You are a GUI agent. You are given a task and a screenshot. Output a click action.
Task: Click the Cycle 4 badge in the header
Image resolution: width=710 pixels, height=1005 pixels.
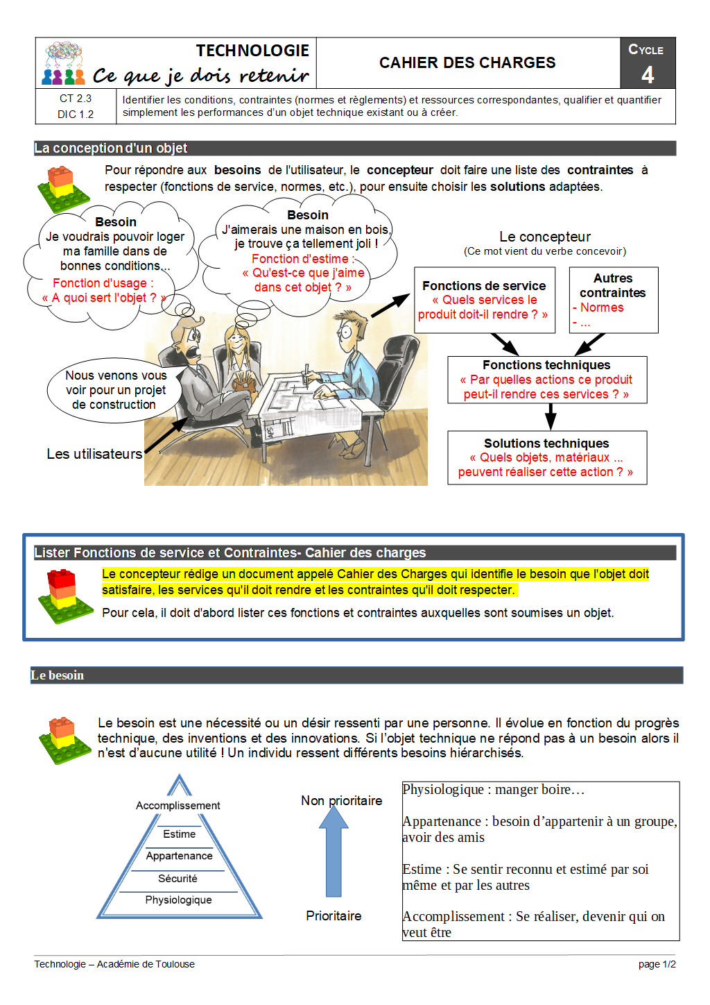(647, 63)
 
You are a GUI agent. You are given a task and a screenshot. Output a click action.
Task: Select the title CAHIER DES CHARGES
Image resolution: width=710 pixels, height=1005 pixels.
(467, 63)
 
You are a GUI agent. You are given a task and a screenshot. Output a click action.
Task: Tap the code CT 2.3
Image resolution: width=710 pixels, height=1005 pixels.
(76, 99)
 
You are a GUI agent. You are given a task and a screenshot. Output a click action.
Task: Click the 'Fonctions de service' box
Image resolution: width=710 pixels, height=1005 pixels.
(484, 300)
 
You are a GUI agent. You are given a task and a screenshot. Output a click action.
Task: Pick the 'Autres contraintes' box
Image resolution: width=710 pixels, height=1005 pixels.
(613, 300)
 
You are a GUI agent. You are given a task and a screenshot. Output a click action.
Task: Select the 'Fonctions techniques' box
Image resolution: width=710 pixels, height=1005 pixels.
(546, 380)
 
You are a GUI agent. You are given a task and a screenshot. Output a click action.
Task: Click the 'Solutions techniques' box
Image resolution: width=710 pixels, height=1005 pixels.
(546, 457)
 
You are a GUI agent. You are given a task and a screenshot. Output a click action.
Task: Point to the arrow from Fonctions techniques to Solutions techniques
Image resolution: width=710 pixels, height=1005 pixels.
(551, 416)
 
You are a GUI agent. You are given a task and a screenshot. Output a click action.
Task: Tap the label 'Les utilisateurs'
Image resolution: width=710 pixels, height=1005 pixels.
(94, 454)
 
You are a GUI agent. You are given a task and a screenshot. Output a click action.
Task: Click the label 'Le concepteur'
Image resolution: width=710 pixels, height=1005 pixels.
(545, 237)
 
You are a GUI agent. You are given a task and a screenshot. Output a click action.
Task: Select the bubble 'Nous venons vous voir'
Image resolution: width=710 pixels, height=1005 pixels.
(115, 390)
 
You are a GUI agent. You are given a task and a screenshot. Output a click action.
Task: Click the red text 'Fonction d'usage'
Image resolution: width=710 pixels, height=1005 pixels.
(103, 283)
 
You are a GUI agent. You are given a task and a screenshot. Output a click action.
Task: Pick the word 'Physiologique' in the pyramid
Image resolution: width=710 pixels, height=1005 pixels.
(178, 900)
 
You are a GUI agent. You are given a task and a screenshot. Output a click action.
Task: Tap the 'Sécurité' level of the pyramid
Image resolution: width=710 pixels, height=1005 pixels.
(177, 879)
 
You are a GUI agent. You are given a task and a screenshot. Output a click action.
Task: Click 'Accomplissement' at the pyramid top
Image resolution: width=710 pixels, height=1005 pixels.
(177, 806)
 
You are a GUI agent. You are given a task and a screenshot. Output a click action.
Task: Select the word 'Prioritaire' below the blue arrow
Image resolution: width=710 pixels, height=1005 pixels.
(334, 916)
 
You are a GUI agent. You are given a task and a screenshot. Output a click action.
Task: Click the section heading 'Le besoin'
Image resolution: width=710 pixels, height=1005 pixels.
(58, 675)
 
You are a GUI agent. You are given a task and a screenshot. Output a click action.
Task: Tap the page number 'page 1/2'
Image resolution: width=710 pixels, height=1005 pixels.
(657, 964)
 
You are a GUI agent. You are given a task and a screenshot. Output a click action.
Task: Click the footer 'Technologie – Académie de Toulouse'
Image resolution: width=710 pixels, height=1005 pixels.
(114, 964)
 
